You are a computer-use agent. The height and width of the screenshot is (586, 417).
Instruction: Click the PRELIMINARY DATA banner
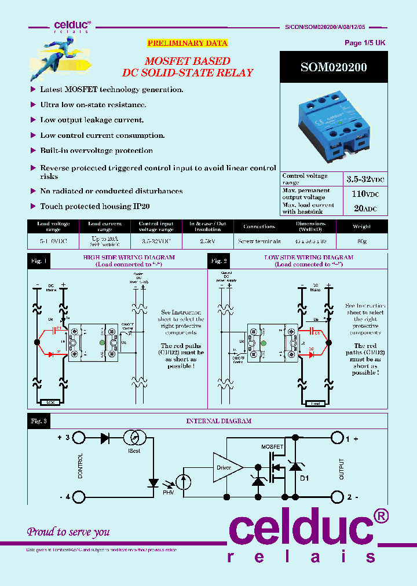point(187,43)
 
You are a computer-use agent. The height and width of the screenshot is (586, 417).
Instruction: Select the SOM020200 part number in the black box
point(333,67)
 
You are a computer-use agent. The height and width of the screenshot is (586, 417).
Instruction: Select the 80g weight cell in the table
point(362,241)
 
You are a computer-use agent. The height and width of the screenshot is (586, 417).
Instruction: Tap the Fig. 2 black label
point(218,261)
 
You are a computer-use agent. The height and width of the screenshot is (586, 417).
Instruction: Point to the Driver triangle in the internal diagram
point(224,467)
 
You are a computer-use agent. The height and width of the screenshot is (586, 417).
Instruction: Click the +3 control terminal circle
point(78,438)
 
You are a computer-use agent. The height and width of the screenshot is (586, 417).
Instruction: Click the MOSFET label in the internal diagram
point(272,447)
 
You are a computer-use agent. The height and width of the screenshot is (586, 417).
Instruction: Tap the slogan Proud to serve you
point(68,532)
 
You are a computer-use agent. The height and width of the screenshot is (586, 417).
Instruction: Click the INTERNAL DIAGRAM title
point(218,421)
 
